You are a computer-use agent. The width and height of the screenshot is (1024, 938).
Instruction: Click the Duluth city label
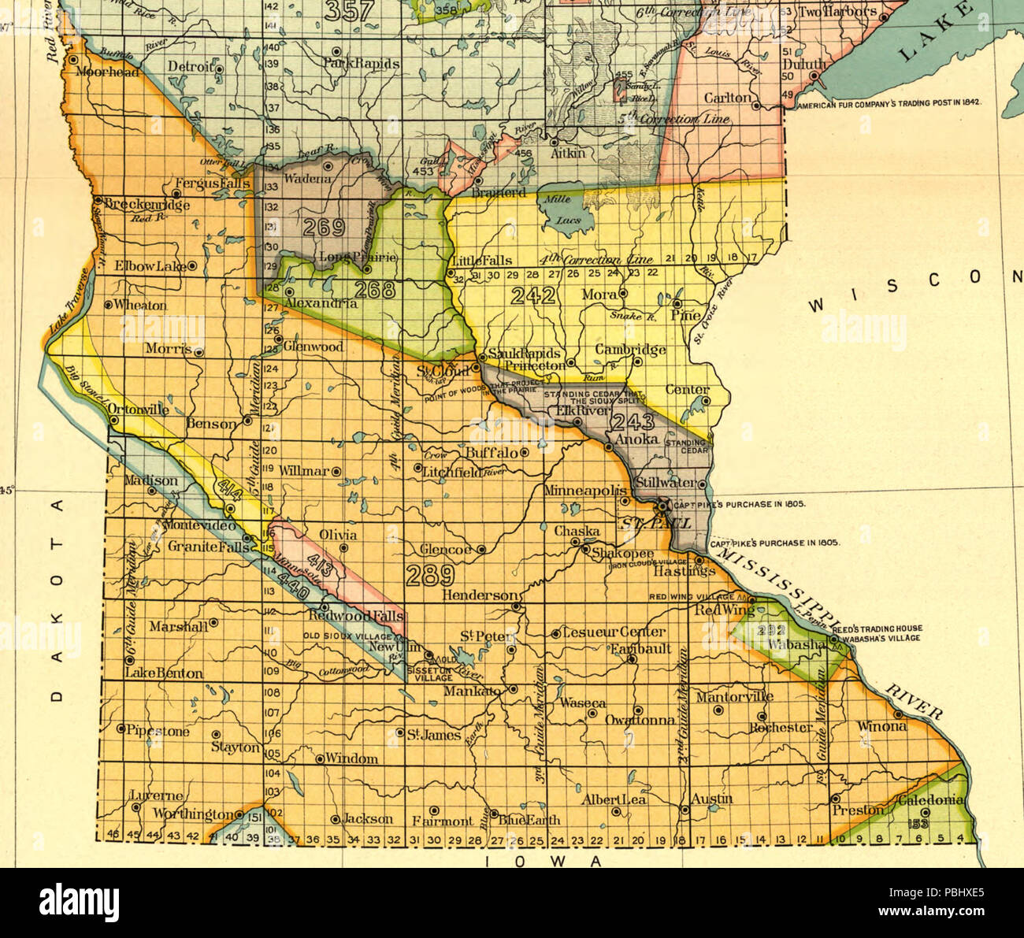[x=803, y=65]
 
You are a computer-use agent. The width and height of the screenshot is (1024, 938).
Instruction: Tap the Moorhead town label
[x=107, y=72]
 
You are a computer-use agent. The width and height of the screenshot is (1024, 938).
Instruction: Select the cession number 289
[x=430, y=575]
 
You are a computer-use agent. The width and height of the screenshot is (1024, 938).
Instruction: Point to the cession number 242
[x=533, y=296]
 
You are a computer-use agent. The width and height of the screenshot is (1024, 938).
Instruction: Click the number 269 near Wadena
[x=325, y=228]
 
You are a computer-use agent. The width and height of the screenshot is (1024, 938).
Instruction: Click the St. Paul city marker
[x=663, y=505]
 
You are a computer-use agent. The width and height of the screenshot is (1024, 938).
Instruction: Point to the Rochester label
[x=781, y=727]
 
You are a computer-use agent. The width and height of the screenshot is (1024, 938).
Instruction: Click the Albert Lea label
[x=614, y=800]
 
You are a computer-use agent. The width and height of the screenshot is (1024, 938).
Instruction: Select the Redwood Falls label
[x=356, y=614]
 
